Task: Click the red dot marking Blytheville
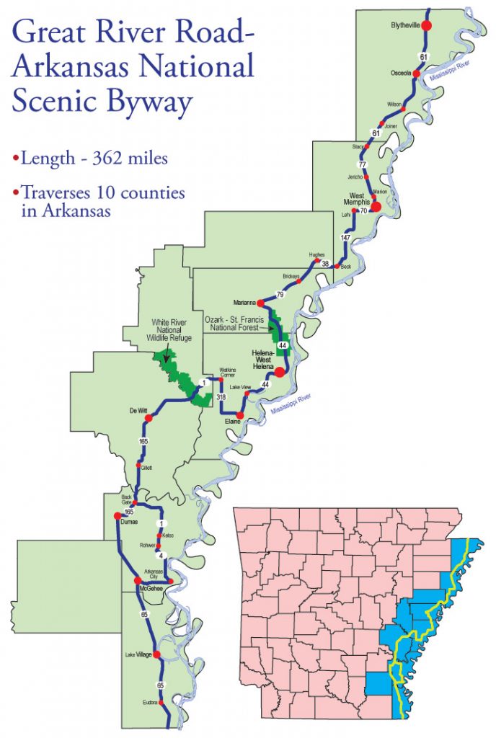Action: tap(426, 25)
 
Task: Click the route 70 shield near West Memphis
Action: tap(363, 211)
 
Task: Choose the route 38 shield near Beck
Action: tap(325, 264)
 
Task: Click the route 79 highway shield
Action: tap(280, 295)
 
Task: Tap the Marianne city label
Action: tap(246, 302)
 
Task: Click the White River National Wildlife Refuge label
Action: tap(171, 330)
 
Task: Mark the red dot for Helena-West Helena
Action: tap(279, 373)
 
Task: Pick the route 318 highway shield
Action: tap(221, 396)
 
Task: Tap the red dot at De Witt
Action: tap(149, 418)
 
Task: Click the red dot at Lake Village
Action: tap(156, 654)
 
